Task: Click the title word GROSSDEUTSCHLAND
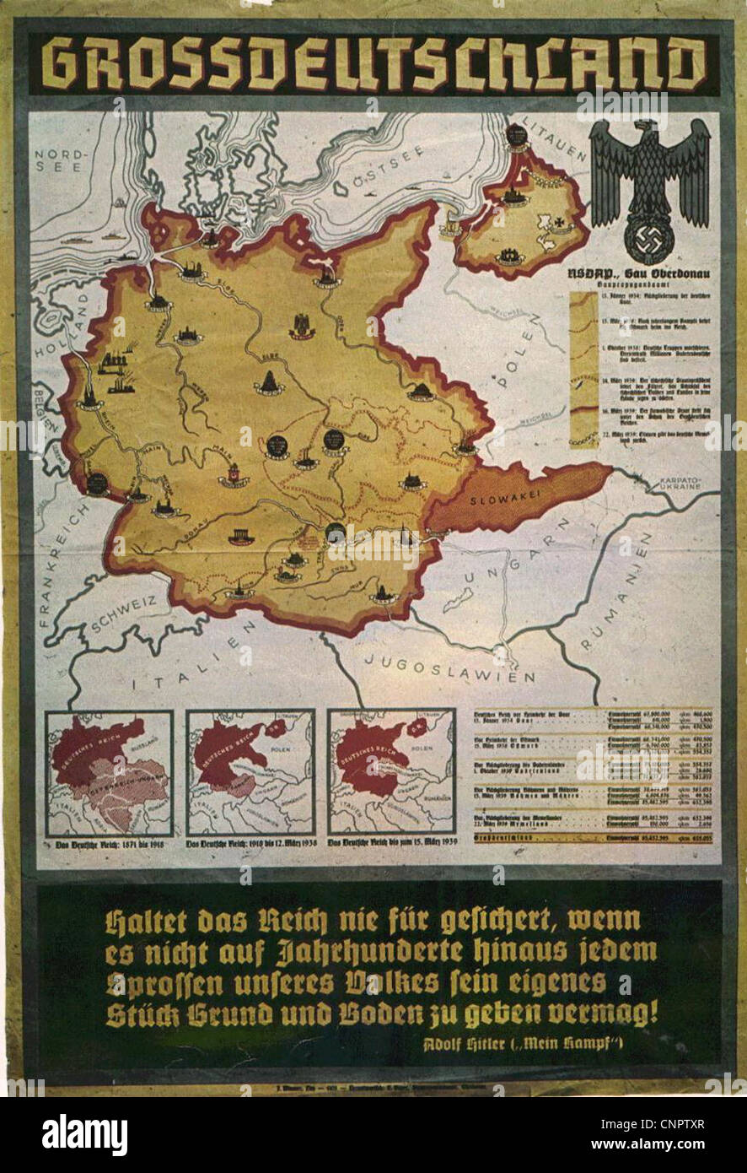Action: (x=373, y=65)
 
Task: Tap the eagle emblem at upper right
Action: (x=649, y=190)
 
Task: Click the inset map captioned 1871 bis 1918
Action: (x=109, y=772)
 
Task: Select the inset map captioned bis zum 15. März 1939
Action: (x=391, y=772)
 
